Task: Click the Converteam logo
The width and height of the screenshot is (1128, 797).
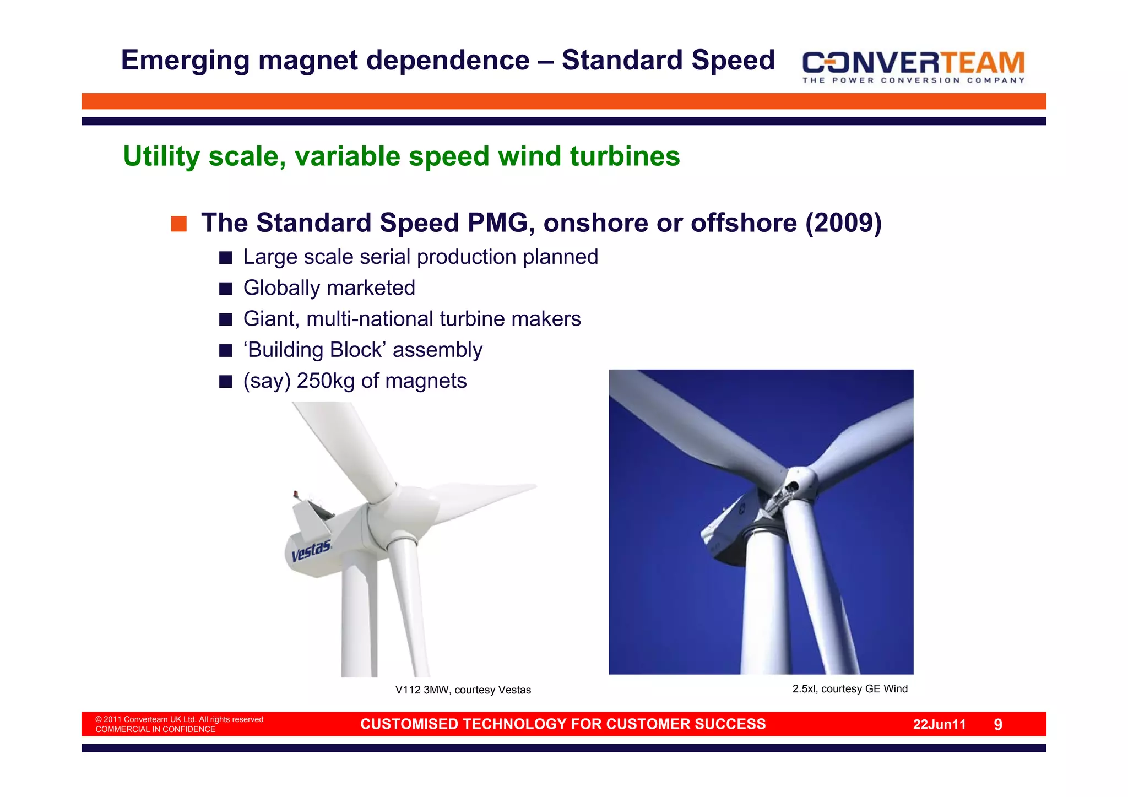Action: coord(913,63)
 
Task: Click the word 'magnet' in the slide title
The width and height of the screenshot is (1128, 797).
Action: coord(310,61)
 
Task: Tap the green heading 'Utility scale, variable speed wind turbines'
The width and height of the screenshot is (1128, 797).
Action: coord(401,156)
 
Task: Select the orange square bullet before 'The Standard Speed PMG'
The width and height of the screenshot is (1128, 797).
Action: coord(178,224)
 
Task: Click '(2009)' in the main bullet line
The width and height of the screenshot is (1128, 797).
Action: coord(843,223)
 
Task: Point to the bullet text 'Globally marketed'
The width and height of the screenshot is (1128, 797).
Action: coord(329,288)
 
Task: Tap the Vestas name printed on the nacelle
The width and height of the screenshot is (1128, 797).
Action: coord(311,551)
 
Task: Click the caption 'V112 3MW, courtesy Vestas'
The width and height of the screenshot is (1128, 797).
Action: coord(463,690)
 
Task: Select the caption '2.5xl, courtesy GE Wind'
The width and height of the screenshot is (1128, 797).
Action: coord(849,689)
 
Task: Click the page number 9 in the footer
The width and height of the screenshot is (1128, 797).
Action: coord(997,725)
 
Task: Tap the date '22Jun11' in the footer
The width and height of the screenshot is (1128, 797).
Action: coord(939,725)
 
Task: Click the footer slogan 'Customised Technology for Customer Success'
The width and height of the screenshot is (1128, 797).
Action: coord(563,724)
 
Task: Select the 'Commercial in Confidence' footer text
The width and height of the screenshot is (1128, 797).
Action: coord(155,730)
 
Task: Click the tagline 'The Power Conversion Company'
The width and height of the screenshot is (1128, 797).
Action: coord(913,80)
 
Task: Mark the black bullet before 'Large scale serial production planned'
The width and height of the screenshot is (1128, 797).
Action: coord(225,258)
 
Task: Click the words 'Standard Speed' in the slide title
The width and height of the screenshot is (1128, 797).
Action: coord(668,61)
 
